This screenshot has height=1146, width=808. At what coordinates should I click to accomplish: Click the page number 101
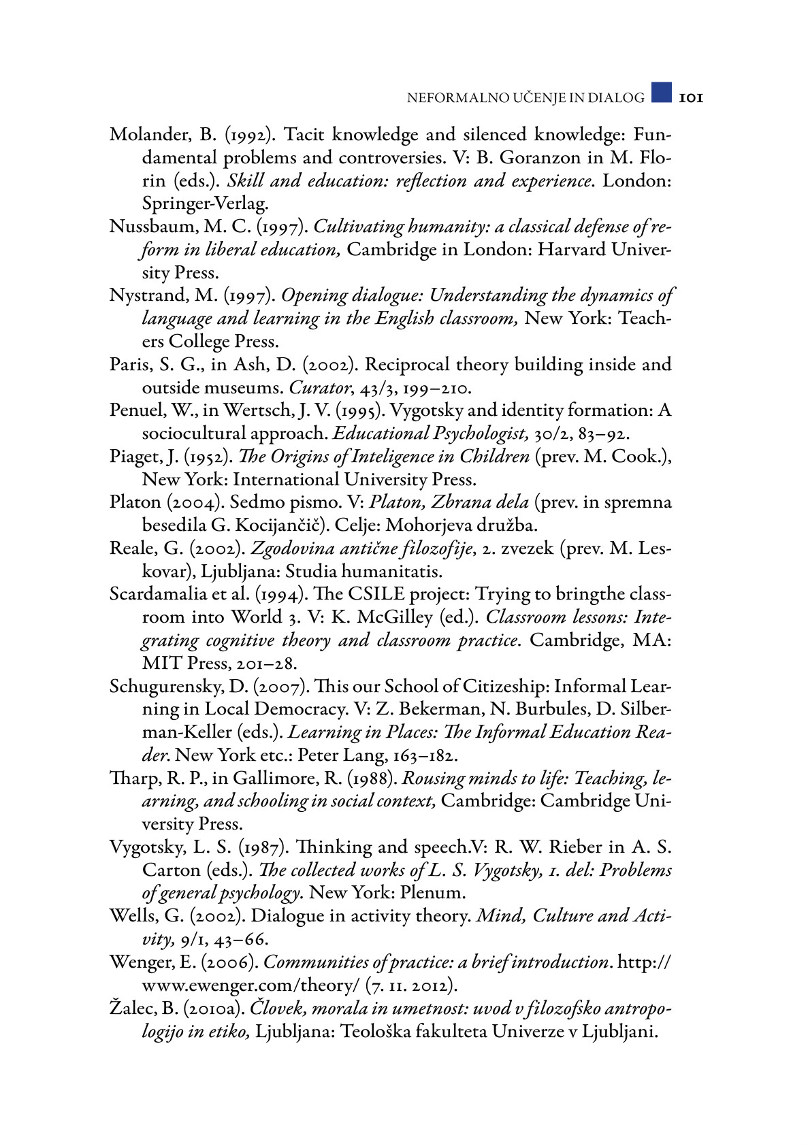tap(690, 98)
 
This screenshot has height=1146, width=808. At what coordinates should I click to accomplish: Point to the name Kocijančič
tap(275, 525)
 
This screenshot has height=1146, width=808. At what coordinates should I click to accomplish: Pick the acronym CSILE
tap(376, 594)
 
